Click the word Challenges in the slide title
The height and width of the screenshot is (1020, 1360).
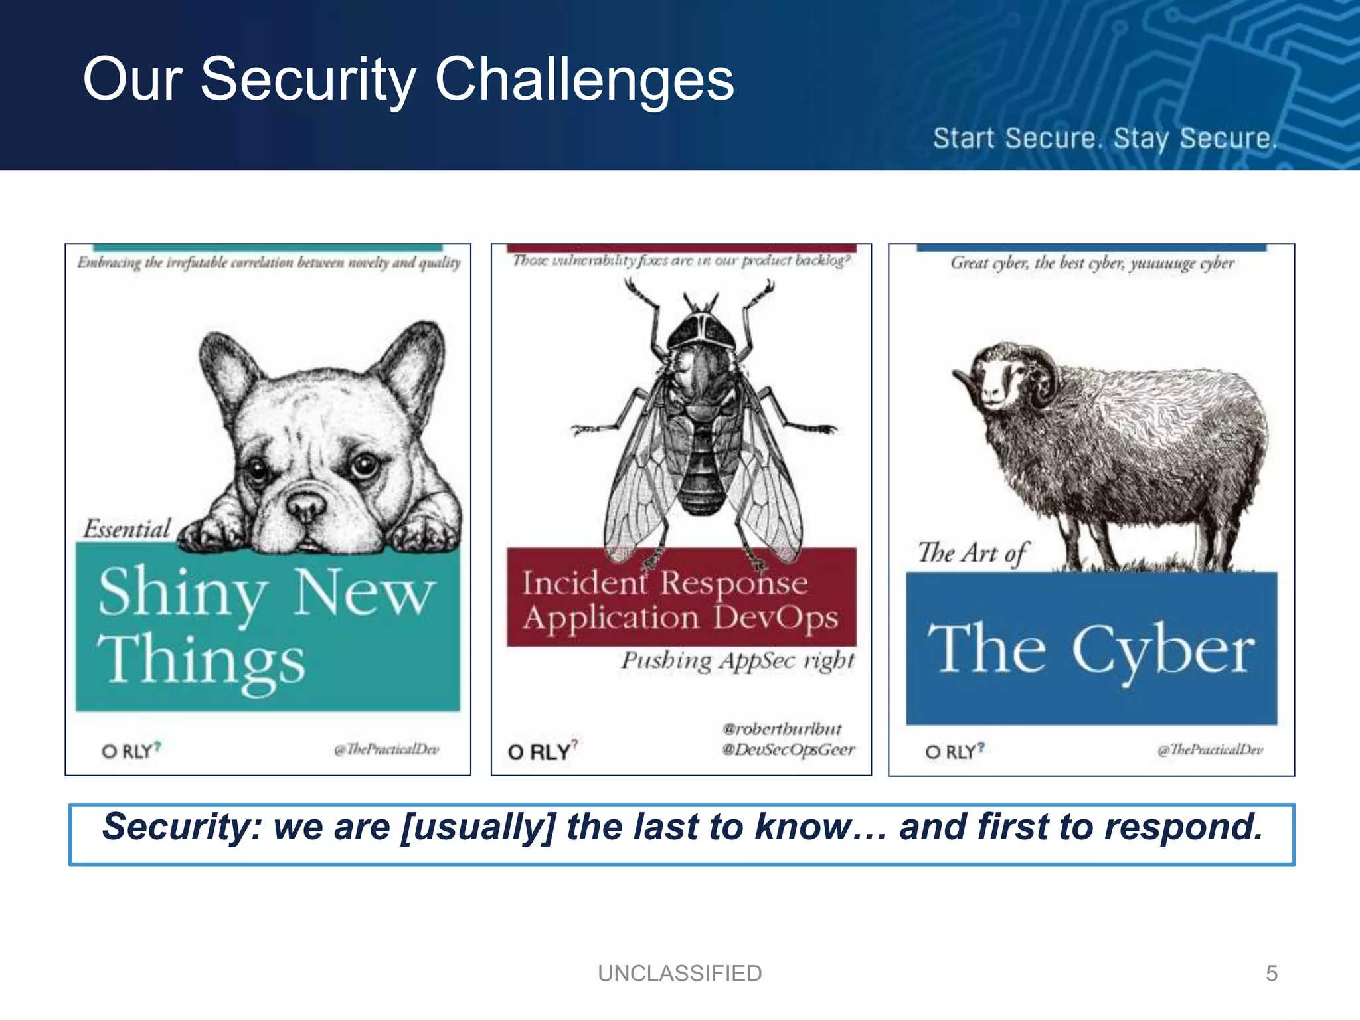tap(584, 80)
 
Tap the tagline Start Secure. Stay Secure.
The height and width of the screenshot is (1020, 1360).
tap(1104, 139)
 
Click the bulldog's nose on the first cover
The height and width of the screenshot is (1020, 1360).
tap(306, 507)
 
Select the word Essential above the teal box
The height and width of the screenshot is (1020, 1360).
tap(127, 529)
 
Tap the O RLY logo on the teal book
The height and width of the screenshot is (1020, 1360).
tap(131, 751)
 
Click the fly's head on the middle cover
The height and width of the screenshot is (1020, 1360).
tap(701, 330)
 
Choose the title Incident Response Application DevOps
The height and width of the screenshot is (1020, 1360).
tap(681, 600)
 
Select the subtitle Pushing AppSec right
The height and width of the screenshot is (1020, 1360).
tap(737, 661)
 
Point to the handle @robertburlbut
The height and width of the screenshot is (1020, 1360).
tap(782, 729)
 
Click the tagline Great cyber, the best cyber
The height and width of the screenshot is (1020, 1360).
tap(1092, 263)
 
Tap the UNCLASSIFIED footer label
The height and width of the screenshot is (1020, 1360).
tap(679, 974)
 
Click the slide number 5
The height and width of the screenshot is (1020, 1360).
tap(1271, 974)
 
